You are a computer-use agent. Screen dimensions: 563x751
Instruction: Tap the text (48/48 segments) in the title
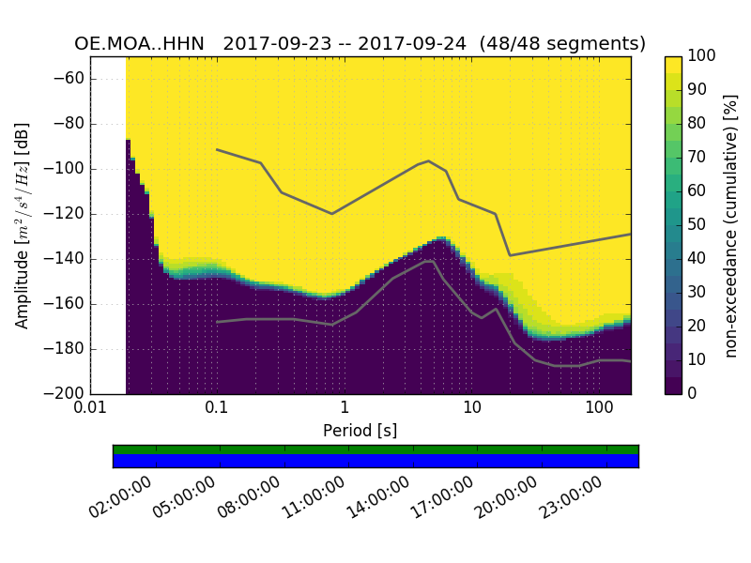coord(562,44)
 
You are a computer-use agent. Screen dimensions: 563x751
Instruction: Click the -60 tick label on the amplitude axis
coord(68,79)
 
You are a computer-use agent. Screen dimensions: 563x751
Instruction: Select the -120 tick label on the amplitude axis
coord(63,214)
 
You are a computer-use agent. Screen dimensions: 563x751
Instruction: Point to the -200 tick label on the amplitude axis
coord(63,394)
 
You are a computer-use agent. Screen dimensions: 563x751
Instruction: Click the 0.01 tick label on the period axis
coord(90,410)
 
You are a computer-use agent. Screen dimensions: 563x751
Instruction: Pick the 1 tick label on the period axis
coord(345,410)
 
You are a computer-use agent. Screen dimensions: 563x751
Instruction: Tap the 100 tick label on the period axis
coord(599,410)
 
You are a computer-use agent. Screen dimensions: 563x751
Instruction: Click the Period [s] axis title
coord(360,431)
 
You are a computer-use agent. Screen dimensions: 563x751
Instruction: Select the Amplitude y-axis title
coord(23,225)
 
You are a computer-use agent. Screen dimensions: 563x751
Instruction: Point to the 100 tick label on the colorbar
coord(702,56)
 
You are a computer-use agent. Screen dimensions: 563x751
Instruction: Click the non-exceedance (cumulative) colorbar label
coord(732,225)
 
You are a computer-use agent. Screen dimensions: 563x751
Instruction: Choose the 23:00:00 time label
coord(573,497)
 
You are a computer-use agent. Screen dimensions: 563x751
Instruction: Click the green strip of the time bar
coord(375,449)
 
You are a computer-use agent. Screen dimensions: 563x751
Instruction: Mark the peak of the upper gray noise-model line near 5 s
coord(429,160)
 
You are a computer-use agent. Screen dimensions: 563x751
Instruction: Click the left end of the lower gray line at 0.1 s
coord(217,322)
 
